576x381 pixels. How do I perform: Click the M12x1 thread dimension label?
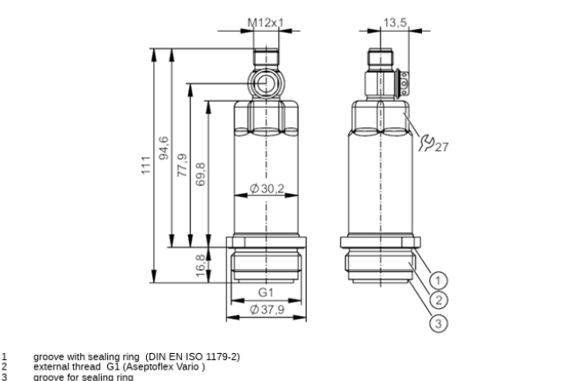click(266, 23)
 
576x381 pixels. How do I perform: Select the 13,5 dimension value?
click(395, 23)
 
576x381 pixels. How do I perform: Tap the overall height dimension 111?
click(146, 165)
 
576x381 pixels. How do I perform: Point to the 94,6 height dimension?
click(164, 148)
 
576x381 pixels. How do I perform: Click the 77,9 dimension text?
click(182, 165)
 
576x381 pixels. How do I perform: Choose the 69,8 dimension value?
click(201, 175)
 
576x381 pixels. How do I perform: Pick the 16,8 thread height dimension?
click(201, 265)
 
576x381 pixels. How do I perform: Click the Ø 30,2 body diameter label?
click(267, 189)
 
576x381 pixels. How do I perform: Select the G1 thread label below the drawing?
click(266, 292)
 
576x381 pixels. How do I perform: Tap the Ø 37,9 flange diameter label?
click(267, 310)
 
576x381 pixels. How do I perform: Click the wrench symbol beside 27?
click(427, 142)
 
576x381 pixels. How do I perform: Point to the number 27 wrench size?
click(442, 147)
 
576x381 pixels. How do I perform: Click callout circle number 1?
click(438, 281)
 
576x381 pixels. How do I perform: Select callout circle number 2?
click(438, 300)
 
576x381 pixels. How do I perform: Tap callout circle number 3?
click(438, 324)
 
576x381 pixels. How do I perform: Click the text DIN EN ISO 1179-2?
click(193, 356)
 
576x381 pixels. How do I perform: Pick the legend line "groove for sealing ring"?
click(84, 377)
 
